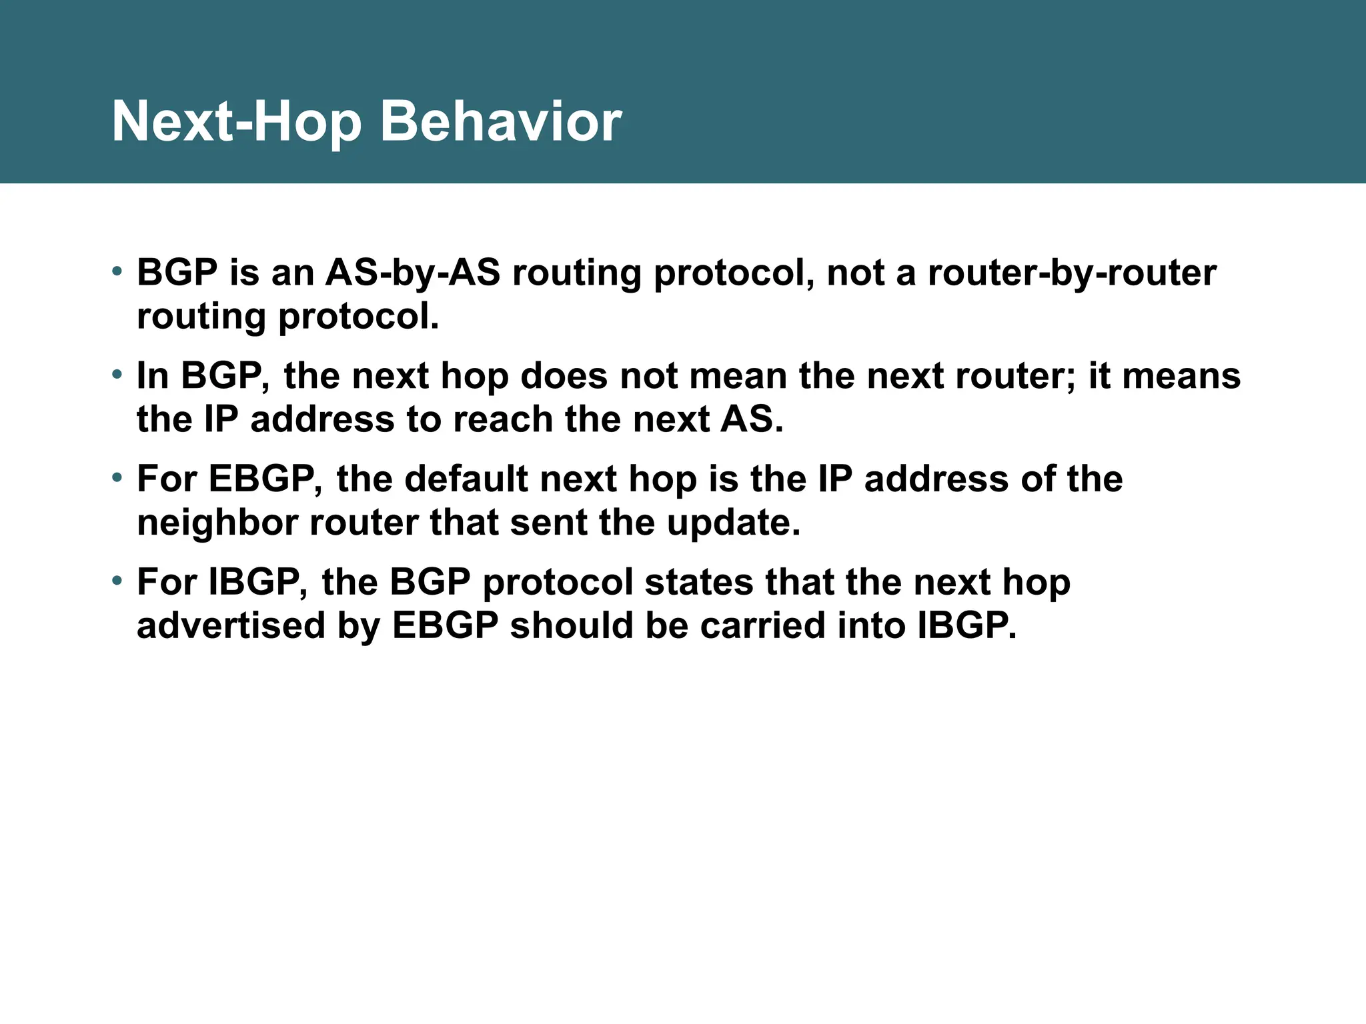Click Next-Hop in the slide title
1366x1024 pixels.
pyautogui.click(x=237, y=121)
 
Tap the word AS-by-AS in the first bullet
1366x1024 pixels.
pyautogui.click(x=412, y=273)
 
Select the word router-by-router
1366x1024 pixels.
pyautogui.click(x=1072, y=273)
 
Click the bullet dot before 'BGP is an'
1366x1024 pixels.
pyautogui.click(x=117, y=271)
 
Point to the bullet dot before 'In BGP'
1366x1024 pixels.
pyautogui.click(x=117, y=375)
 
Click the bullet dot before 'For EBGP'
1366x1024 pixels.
pyautogui.click(x=117, y=477)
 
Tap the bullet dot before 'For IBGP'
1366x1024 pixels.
pyautogui.click(x=117, y=581)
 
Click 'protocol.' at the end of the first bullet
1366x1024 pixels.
pyautogui.click(x=358, y=317)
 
